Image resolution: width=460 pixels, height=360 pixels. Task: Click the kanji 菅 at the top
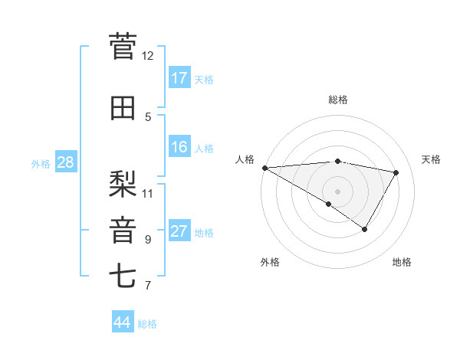coord(123,47)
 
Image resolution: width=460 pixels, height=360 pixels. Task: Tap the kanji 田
coord(123,109)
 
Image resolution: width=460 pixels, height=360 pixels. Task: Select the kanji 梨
coord(123,184)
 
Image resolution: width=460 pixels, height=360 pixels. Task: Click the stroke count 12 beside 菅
coord(148,56)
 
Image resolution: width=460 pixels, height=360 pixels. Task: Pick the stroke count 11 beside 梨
coord(148,192)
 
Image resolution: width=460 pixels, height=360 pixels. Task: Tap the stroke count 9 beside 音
coord(148,240)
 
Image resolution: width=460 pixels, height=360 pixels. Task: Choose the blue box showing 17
coord(179,78)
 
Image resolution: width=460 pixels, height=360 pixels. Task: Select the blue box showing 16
coord(179,147)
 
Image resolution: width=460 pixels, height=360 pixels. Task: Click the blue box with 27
coord(179,231)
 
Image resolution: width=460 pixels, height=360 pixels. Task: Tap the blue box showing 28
coord(65,162)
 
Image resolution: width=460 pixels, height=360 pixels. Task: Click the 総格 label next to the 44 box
coord(147,324)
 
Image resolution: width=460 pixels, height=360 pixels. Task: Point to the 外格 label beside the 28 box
coord(41,164)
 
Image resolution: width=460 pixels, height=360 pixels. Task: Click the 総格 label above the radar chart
coord(337,100)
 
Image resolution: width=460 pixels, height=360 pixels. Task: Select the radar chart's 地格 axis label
coord(402,263)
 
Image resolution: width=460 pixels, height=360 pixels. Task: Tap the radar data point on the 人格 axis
coord(264,168)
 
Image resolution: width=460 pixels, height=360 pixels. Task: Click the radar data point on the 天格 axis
coord(396,172)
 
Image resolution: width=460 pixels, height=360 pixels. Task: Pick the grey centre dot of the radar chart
coord(337,191)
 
